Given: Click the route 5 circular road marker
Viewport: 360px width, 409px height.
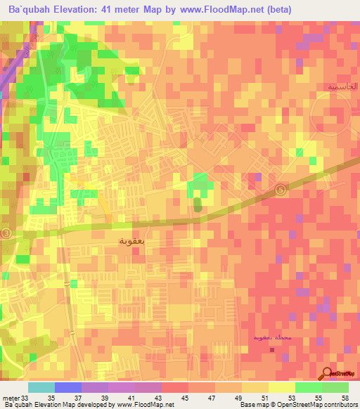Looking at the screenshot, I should (282, 188).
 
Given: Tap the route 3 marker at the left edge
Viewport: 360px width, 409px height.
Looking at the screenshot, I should (6, 233).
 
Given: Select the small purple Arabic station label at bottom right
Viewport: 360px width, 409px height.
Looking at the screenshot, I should (270, 338).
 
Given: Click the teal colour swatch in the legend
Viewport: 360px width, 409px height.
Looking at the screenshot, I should (41, 387).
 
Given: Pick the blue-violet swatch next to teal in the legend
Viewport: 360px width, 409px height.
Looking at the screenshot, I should (68, 387).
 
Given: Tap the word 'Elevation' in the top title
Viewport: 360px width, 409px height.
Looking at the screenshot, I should (78, 8).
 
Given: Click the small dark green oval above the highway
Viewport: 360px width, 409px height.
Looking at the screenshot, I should (197, 204).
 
